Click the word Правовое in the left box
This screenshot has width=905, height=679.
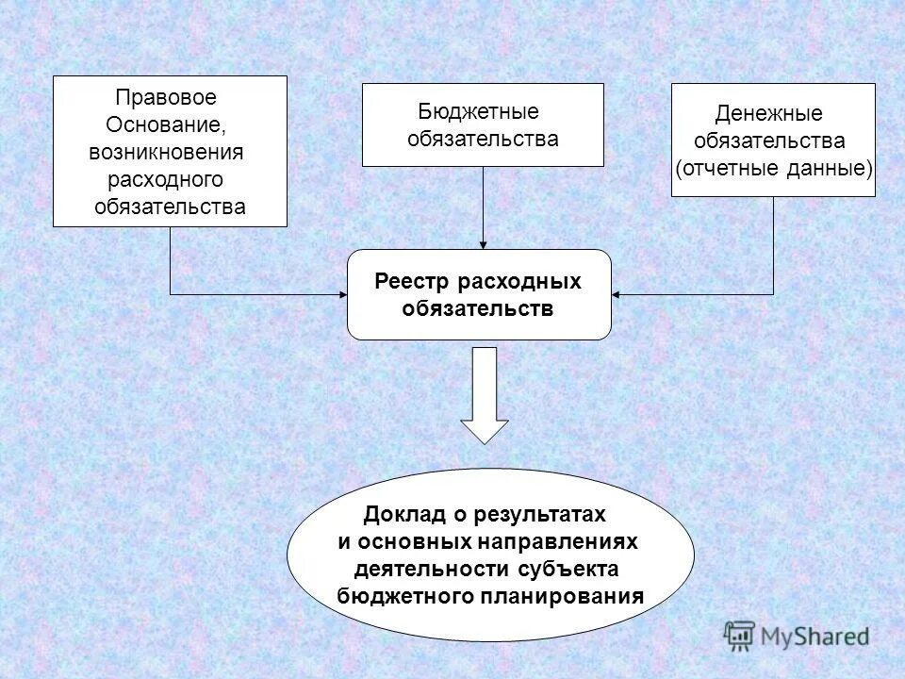click(166, 97)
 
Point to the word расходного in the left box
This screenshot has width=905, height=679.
click(166, 179)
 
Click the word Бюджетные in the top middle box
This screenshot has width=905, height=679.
click(479, 111)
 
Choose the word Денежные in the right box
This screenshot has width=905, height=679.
click(768, 114)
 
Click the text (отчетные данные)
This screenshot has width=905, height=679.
click(773, 169)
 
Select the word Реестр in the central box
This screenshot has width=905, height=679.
click(412, 282)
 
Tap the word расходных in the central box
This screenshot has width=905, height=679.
click(519, 282)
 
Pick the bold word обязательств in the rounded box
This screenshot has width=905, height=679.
click(478, 308)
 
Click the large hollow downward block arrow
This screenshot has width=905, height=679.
click(485, 396)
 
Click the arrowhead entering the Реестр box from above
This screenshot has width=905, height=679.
click(483, 243)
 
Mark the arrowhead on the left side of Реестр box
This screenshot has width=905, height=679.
click(341, 295)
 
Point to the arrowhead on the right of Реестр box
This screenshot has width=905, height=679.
click(617, 295)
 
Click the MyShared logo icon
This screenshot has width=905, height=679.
click(740, 635)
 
